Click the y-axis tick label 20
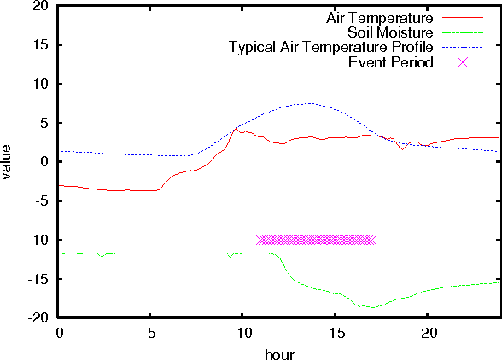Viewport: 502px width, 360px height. point(41,6)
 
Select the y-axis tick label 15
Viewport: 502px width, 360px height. point(41,44)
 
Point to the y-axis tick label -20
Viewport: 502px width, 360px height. point(38,317)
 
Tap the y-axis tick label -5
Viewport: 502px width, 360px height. point(41,200)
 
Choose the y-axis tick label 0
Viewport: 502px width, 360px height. point(44,161)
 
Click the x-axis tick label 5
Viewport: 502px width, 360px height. point(151,330)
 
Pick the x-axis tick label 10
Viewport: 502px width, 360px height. point(243,330)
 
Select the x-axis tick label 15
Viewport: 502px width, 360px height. point(336,330)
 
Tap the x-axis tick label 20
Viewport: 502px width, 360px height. point(429,330)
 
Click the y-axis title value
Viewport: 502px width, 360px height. point(9,161)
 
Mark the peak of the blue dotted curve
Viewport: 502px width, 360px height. point(309,103)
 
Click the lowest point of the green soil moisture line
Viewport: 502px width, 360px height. point(371,307)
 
